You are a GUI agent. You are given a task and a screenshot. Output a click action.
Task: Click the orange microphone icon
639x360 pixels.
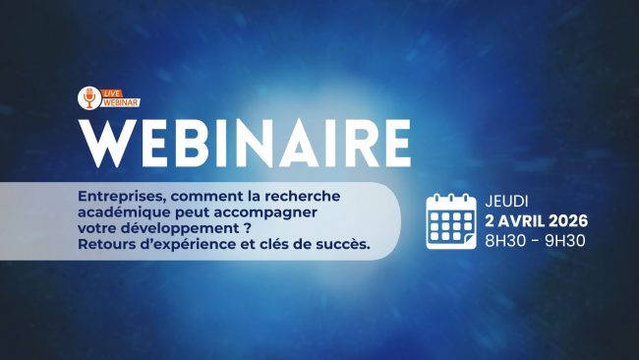[x=89, y=97]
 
